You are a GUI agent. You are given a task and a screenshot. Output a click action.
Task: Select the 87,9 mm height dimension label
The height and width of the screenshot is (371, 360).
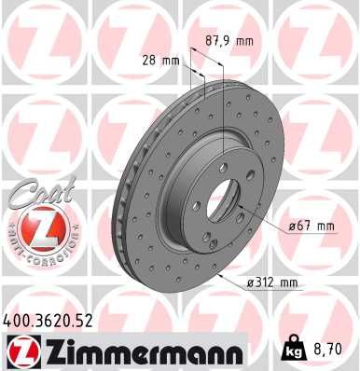228,41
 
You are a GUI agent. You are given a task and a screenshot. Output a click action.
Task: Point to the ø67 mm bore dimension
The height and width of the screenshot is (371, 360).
312,227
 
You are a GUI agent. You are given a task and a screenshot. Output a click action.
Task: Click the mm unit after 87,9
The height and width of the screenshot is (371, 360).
243,41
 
